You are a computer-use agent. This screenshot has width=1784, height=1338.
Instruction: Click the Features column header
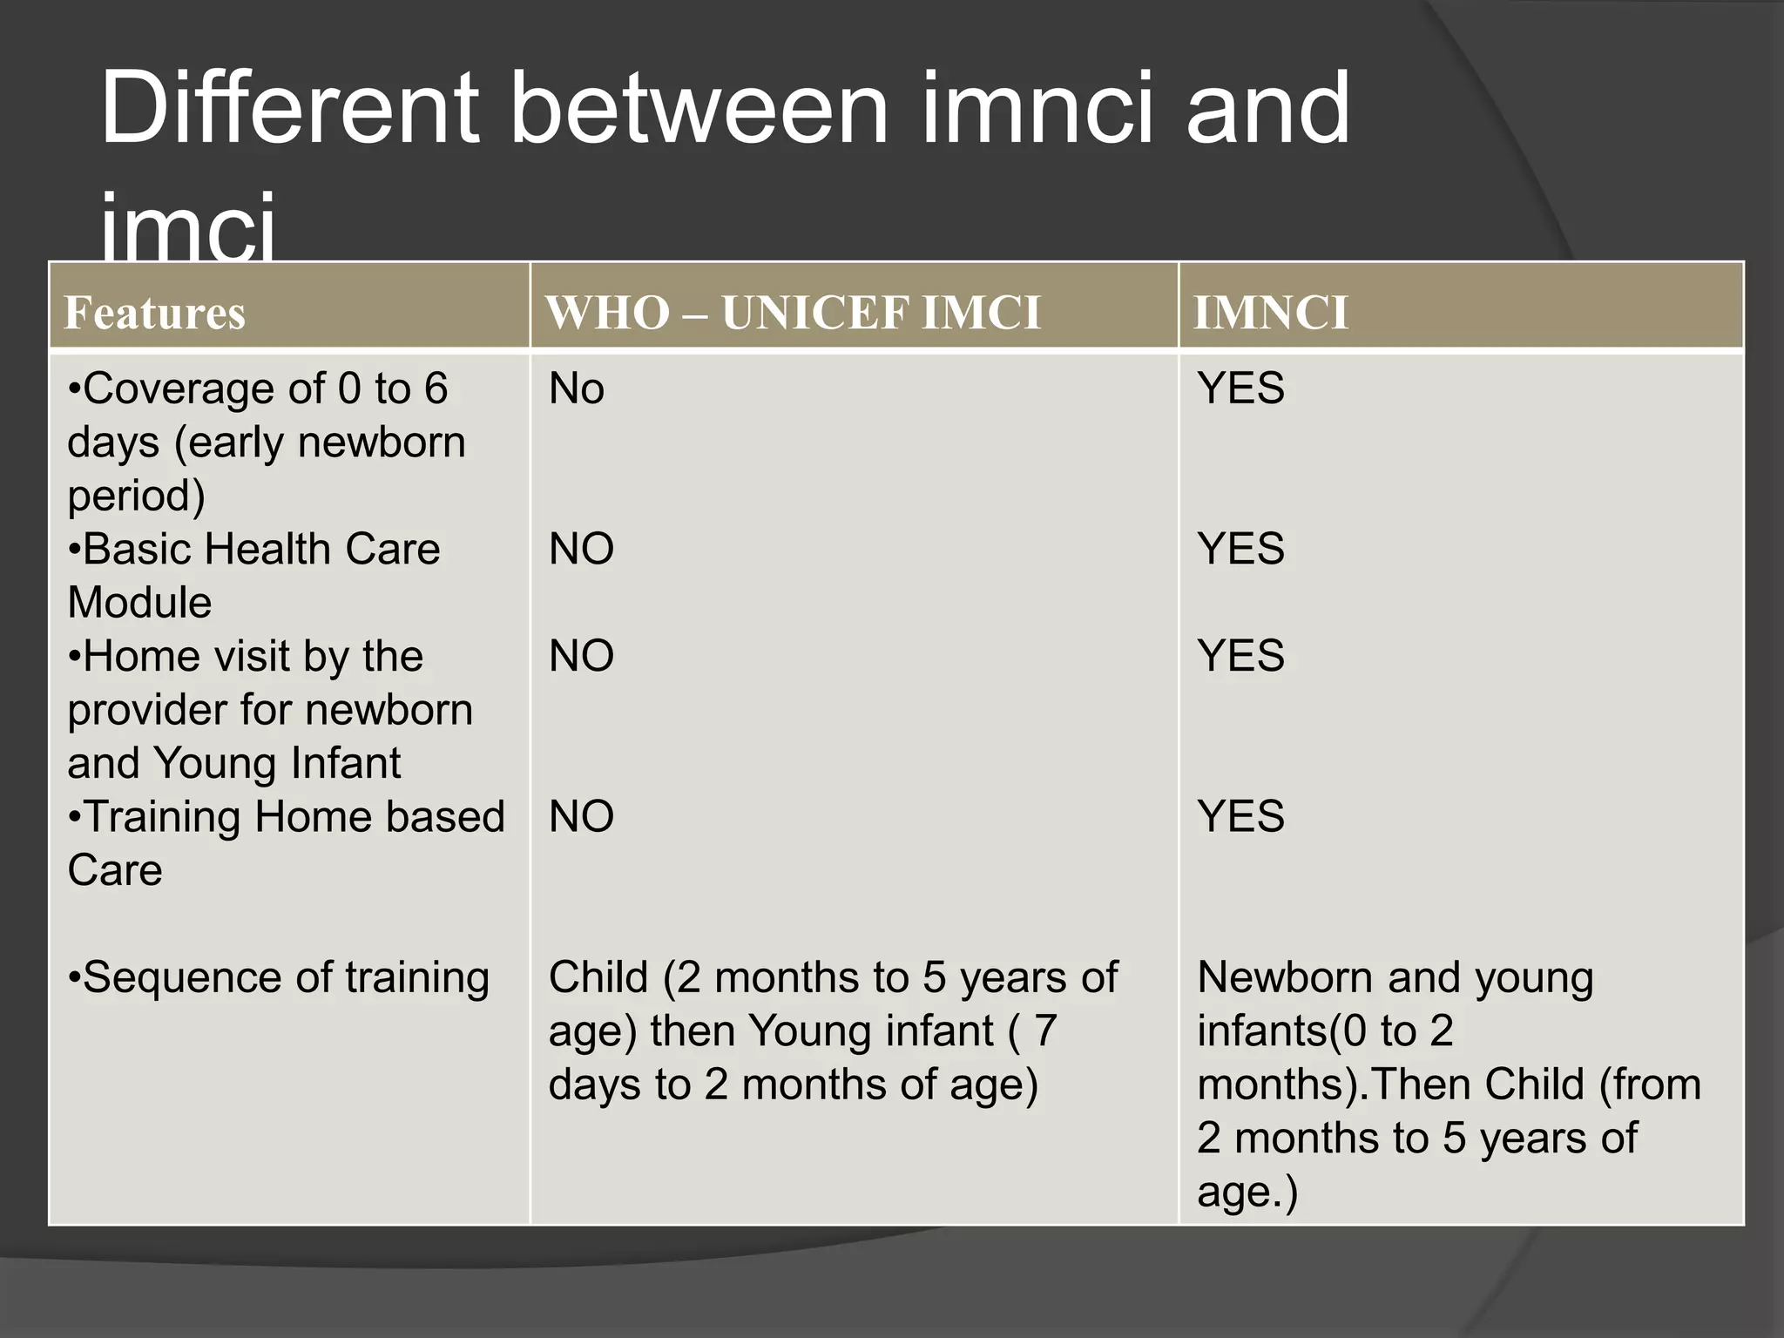155,313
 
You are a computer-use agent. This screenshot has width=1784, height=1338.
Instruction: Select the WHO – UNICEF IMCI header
793,313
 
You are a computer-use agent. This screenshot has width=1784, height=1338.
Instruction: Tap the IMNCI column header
1271,313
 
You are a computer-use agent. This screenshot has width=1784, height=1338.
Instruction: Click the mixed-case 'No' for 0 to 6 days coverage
576,389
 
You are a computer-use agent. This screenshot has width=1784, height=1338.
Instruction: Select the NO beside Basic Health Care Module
581,550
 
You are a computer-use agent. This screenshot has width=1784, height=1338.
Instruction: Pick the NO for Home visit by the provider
581,656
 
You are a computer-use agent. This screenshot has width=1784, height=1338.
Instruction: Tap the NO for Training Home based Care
581,817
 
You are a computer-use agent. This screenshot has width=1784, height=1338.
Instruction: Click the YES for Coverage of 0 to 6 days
1240,389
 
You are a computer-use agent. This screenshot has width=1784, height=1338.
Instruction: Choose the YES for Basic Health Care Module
1240,550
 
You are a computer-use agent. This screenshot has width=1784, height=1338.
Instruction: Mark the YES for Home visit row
1240,656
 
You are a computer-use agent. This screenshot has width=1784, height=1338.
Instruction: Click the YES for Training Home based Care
1240,817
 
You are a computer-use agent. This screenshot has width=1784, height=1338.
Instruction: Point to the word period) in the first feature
137,496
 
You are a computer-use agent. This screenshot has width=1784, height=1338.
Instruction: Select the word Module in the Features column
139,603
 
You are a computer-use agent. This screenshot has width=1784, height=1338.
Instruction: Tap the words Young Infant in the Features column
277,763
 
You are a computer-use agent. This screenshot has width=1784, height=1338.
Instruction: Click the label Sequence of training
279,977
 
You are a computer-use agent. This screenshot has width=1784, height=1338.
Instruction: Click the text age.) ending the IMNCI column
1247,1192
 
